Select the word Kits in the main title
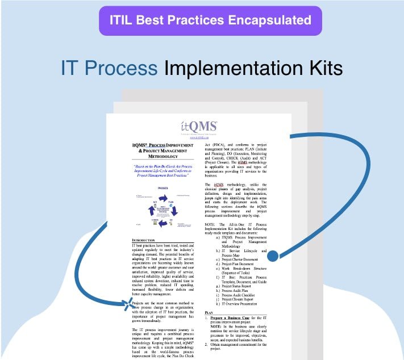(x=322, y=69)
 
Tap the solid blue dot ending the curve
(x=273, y=256)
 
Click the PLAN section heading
(x=210, y=313)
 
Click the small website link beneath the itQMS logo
(x=198, y=137)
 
